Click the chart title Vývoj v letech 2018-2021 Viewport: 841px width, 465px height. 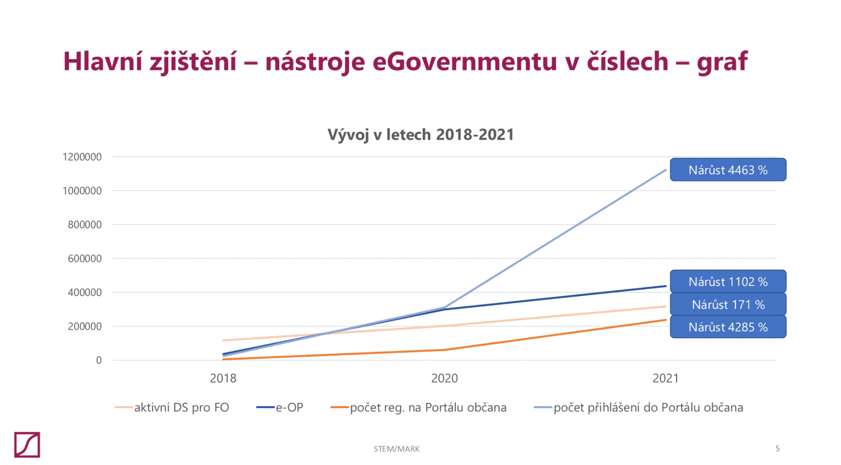click(x=420, y=135)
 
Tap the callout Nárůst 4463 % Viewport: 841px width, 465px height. click(x=728, y=170)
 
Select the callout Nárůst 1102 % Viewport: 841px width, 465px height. click(x=728, y=282)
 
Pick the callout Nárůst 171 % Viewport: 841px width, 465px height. click(x=728, y=304)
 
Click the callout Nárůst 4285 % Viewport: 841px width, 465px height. click(x=728, y=327)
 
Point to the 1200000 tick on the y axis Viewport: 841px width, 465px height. click(x=82, y=157)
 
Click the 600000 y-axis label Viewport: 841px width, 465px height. click(x=85, y=258)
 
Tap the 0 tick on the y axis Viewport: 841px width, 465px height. click(x=99, y=360)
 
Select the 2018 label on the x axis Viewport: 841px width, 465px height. click(x=223, y=378)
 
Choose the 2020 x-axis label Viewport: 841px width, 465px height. click(x=444, y=378)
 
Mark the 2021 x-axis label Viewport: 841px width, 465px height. click(x=665, y=378)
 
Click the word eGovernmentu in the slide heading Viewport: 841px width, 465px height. click(x=465, y=61)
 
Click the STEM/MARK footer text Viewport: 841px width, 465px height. click(x=396, y=449)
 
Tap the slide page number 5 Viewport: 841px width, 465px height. click(x=777, y=448)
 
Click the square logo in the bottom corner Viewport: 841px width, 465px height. click(x=27, y=445)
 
